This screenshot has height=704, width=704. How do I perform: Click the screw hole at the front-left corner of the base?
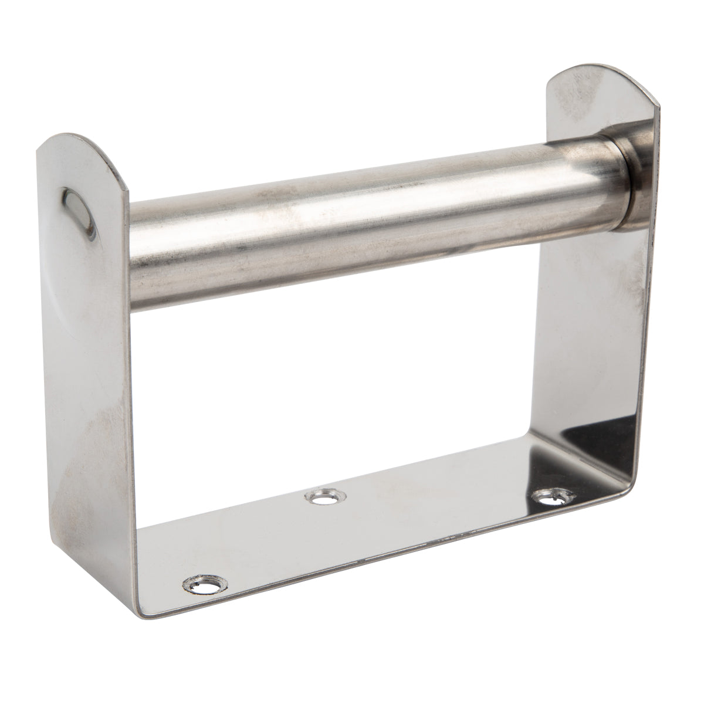[204, 584]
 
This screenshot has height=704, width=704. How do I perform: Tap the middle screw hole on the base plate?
[320, 498]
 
